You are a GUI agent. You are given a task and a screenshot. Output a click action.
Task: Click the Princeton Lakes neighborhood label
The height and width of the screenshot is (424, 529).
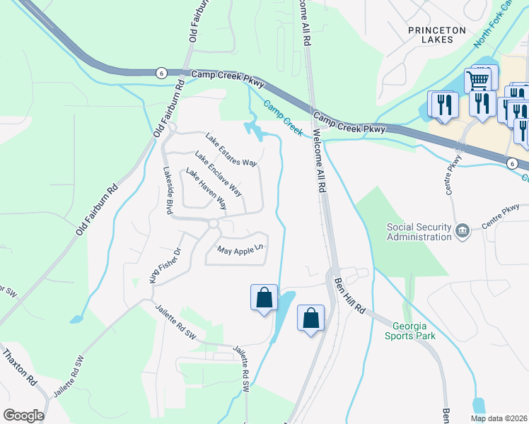[x=438, y=36]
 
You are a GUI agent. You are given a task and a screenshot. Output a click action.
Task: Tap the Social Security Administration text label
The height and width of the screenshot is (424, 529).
[x=419, y=232]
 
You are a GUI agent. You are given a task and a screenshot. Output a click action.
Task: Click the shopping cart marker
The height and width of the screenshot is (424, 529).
[x=479, y=80]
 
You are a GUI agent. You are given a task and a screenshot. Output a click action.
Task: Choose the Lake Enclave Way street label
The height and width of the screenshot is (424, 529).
[x=219, y=174]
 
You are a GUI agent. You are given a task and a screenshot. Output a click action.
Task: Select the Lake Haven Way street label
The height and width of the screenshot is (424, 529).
[x=206, y=189]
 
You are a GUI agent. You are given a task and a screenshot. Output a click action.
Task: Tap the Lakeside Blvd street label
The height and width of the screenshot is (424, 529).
[x=168, y=190]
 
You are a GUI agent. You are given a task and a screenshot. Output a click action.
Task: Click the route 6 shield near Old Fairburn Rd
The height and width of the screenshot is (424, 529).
[x=161, y=73]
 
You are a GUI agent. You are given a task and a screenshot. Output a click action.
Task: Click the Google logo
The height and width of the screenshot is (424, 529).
[x=23, y=416]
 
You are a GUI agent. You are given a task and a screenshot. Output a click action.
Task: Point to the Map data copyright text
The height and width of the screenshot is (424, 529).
[x=499, y=418]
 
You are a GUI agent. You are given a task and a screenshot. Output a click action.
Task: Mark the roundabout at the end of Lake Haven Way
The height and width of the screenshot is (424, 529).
[x=212, y=224]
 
